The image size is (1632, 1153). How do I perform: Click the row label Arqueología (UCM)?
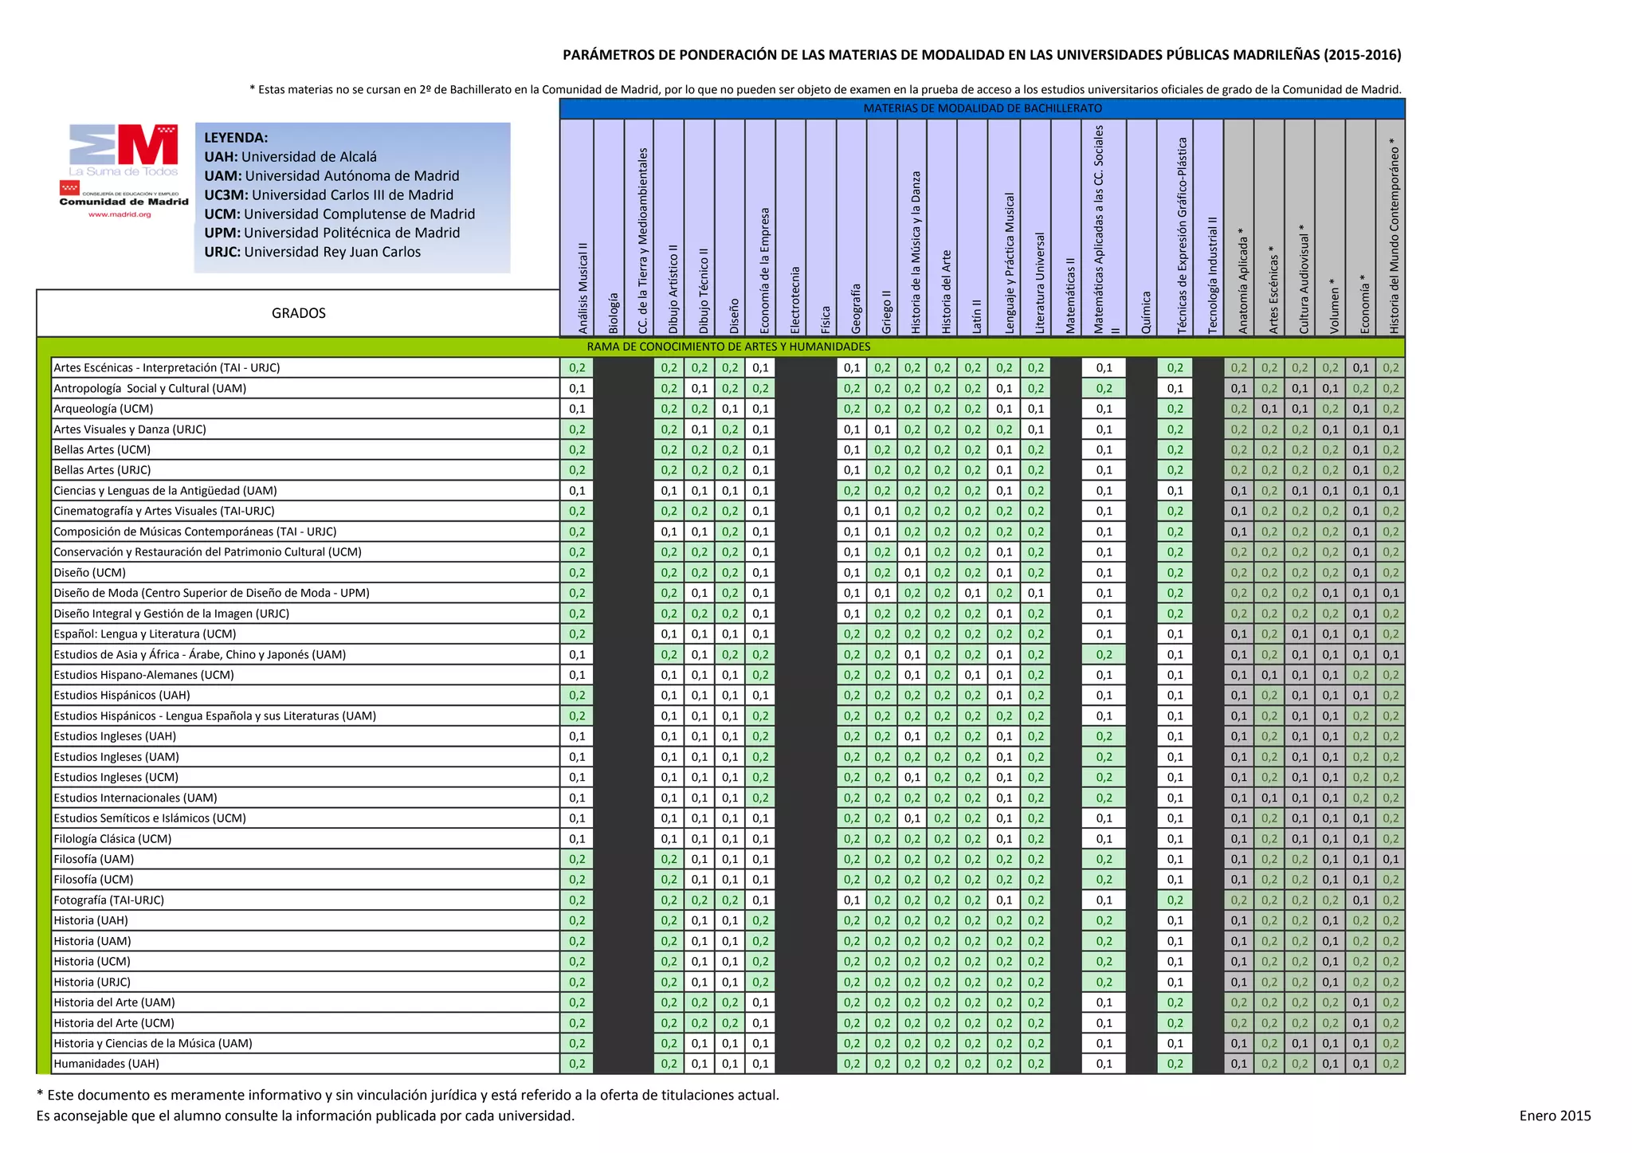[104, 409]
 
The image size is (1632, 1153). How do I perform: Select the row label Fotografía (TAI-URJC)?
[108, 900]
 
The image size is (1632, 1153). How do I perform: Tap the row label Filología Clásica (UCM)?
[112, 839]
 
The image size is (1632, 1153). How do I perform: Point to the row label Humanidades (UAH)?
[106, 1064]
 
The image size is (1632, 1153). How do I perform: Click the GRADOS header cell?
[298, 313]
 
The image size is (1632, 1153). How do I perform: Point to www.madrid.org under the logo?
[120, 214]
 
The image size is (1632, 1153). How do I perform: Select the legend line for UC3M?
[328, 195]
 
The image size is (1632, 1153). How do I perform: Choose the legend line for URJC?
[312, 252]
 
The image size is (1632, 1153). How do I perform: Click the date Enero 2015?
[1555, 1116]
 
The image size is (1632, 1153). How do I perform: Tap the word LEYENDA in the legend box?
[236, 138]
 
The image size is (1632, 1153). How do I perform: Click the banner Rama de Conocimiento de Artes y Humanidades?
[728, 347]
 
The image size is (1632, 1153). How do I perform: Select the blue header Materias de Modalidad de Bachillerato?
[983, 108]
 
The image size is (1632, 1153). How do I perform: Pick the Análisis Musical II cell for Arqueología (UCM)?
[577, 409]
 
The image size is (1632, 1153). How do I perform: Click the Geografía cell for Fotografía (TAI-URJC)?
[852, 900]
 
